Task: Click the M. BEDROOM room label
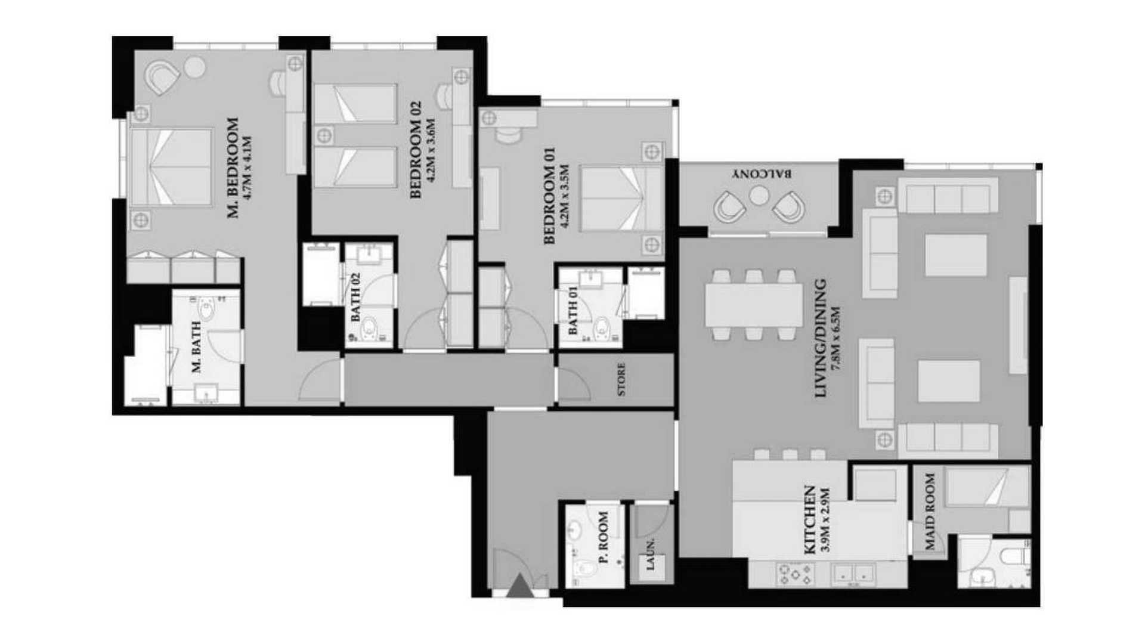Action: pyautogui.click(x=233, y=168)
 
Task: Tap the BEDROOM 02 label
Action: pyautogui.click(x=416, y=149)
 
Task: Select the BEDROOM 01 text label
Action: pyautogui.click(x=549, y=196)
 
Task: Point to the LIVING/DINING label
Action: pyautogui.click(x=821, y=338)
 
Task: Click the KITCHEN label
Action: pyautogui.click(x=810, y=520)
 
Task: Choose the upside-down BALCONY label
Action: pyautogui.click(x=763, y=174)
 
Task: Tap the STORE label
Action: pyautogui.click(x=621, y=380)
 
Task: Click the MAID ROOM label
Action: pyautogui.click(x=930, y=511)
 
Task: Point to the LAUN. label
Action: pyautogui.click(x=651, y=555)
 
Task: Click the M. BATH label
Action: pyautogui.click(x=197, y=347)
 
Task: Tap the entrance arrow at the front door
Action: pyautogui.click(x=519, y=585)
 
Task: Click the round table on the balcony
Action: pyautogui.click(x=759, y=195)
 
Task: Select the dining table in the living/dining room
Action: pyautogui.click(x=754, y=305)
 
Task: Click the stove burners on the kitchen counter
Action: pyautogui.click(x=795, y=574)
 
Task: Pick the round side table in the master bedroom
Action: pyautogui.click(x=195, y=67)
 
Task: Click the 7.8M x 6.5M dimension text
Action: pyautogui.click(x=836, y=339)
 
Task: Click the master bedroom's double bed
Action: pyautogui.click(x=171, y=168)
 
